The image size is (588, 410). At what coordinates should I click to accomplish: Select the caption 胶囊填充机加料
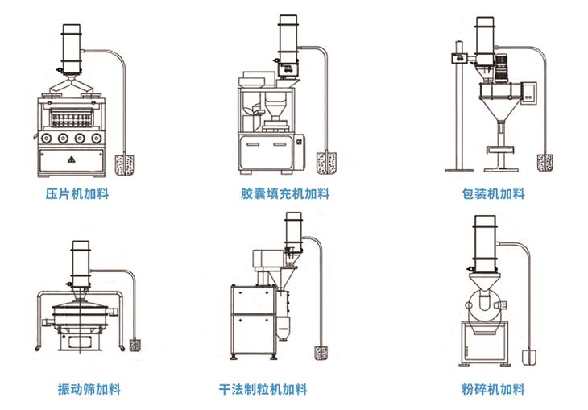point(284,194)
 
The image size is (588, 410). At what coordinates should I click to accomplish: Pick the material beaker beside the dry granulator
point(321,353)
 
